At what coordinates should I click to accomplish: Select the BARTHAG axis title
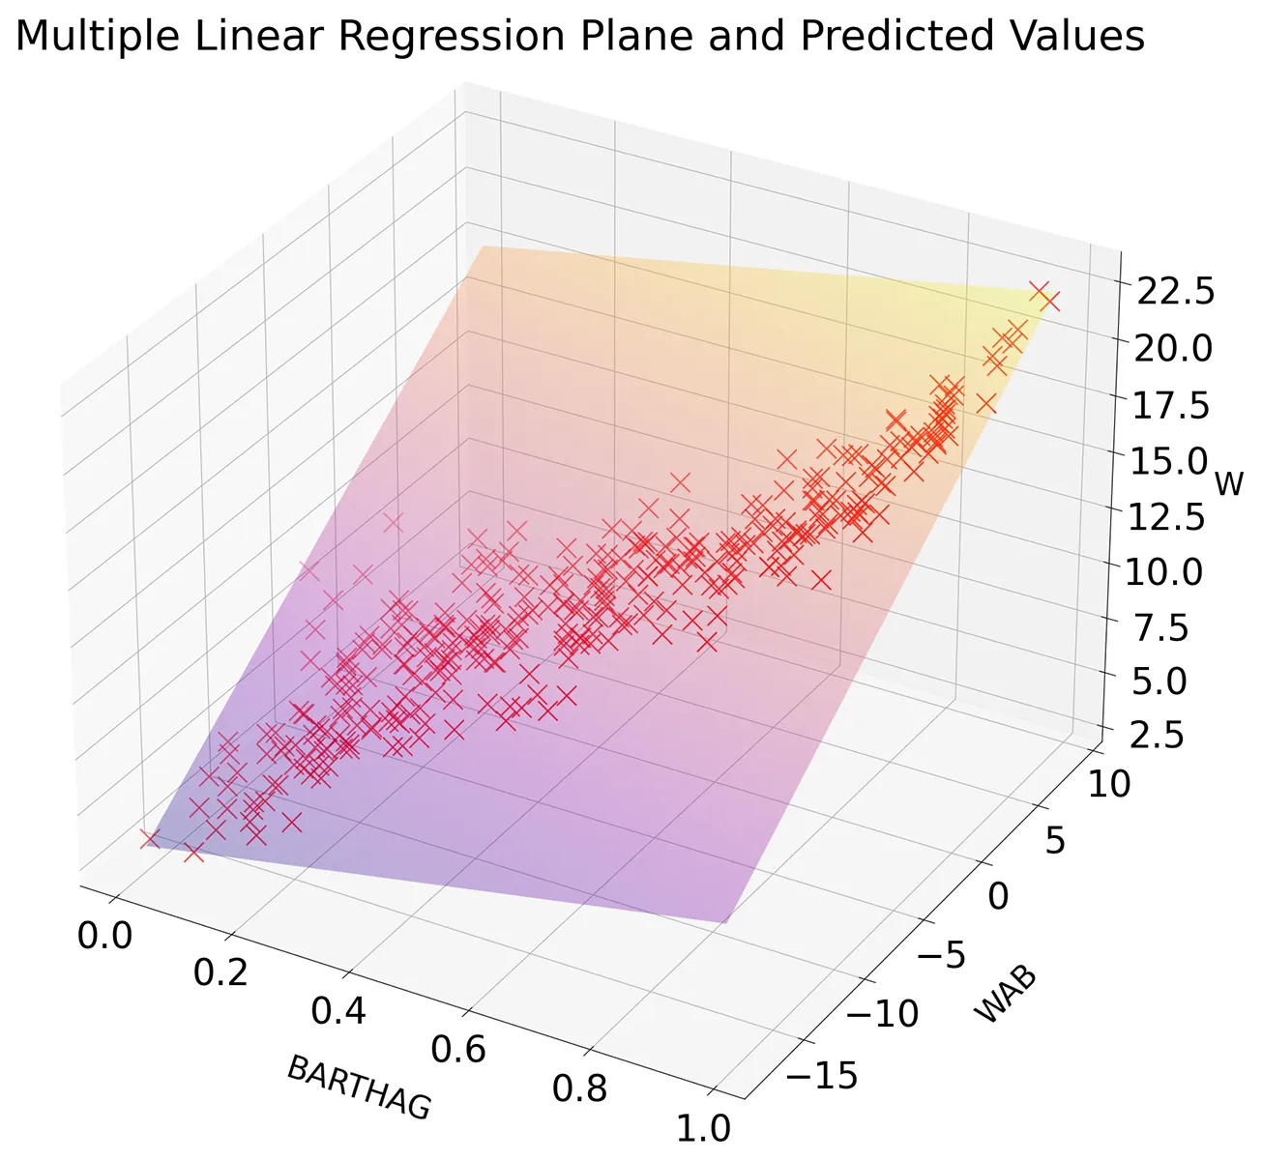(x=359, y=1088)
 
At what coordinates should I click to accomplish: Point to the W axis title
(x=1228, y=482)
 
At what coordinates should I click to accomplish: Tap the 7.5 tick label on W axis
(x=1163, y=627)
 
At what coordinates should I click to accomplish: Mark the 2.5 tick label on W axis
(x=1158, y=735)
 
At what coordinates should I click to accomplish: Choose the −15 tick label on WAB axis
(x=822, y=1074)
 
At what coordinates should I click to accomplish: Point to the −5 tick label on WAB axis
(x=939, y=956)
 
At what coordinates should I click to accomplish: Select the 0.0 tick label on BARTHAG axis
(x=104, y=936)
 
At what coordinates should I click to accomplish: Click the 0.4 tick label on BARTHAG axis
(x=338, y=1011)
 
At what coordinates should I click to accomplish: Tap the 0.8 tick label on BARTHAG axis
(x=580, y=1087)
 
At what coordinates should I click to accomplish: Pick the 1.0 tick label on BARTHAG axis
(x=703, y=1127)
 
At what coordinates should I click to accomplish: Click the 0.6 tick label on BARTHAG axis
(x=458, y=1049)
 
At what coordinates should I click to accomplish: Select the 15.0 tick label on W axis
(x=1168, y=461)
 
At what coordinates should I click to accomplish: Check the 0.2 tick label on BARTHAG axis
(x=220, y=973)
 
